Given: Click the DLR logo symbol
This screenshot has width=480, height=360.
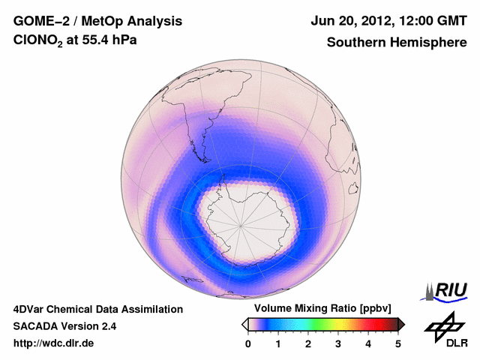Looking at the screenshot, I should (443, 325).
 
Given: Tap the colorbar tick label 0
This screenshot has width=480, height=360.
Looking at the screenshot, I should (248, 343).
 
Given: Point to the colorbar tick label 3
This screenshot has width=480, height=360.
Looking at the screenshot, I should (338, 343).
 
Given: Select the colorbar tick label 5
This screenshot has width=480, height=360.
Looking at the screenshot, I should (398, 343).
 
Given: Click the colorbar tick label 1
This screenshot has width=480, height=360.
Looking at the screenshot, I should (278, 343).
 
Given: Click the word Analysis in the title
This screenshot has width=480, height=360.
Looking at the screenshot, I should (138, 20).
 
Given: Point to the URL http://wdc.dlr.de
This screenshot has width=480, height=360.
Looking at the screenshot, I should (54, 343).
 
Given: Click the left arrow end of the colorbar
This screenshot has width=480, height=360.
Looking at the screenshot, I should (244, 324).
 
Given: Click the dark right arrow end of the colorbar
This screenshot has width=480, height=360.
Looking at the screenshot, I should (402, 324).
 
